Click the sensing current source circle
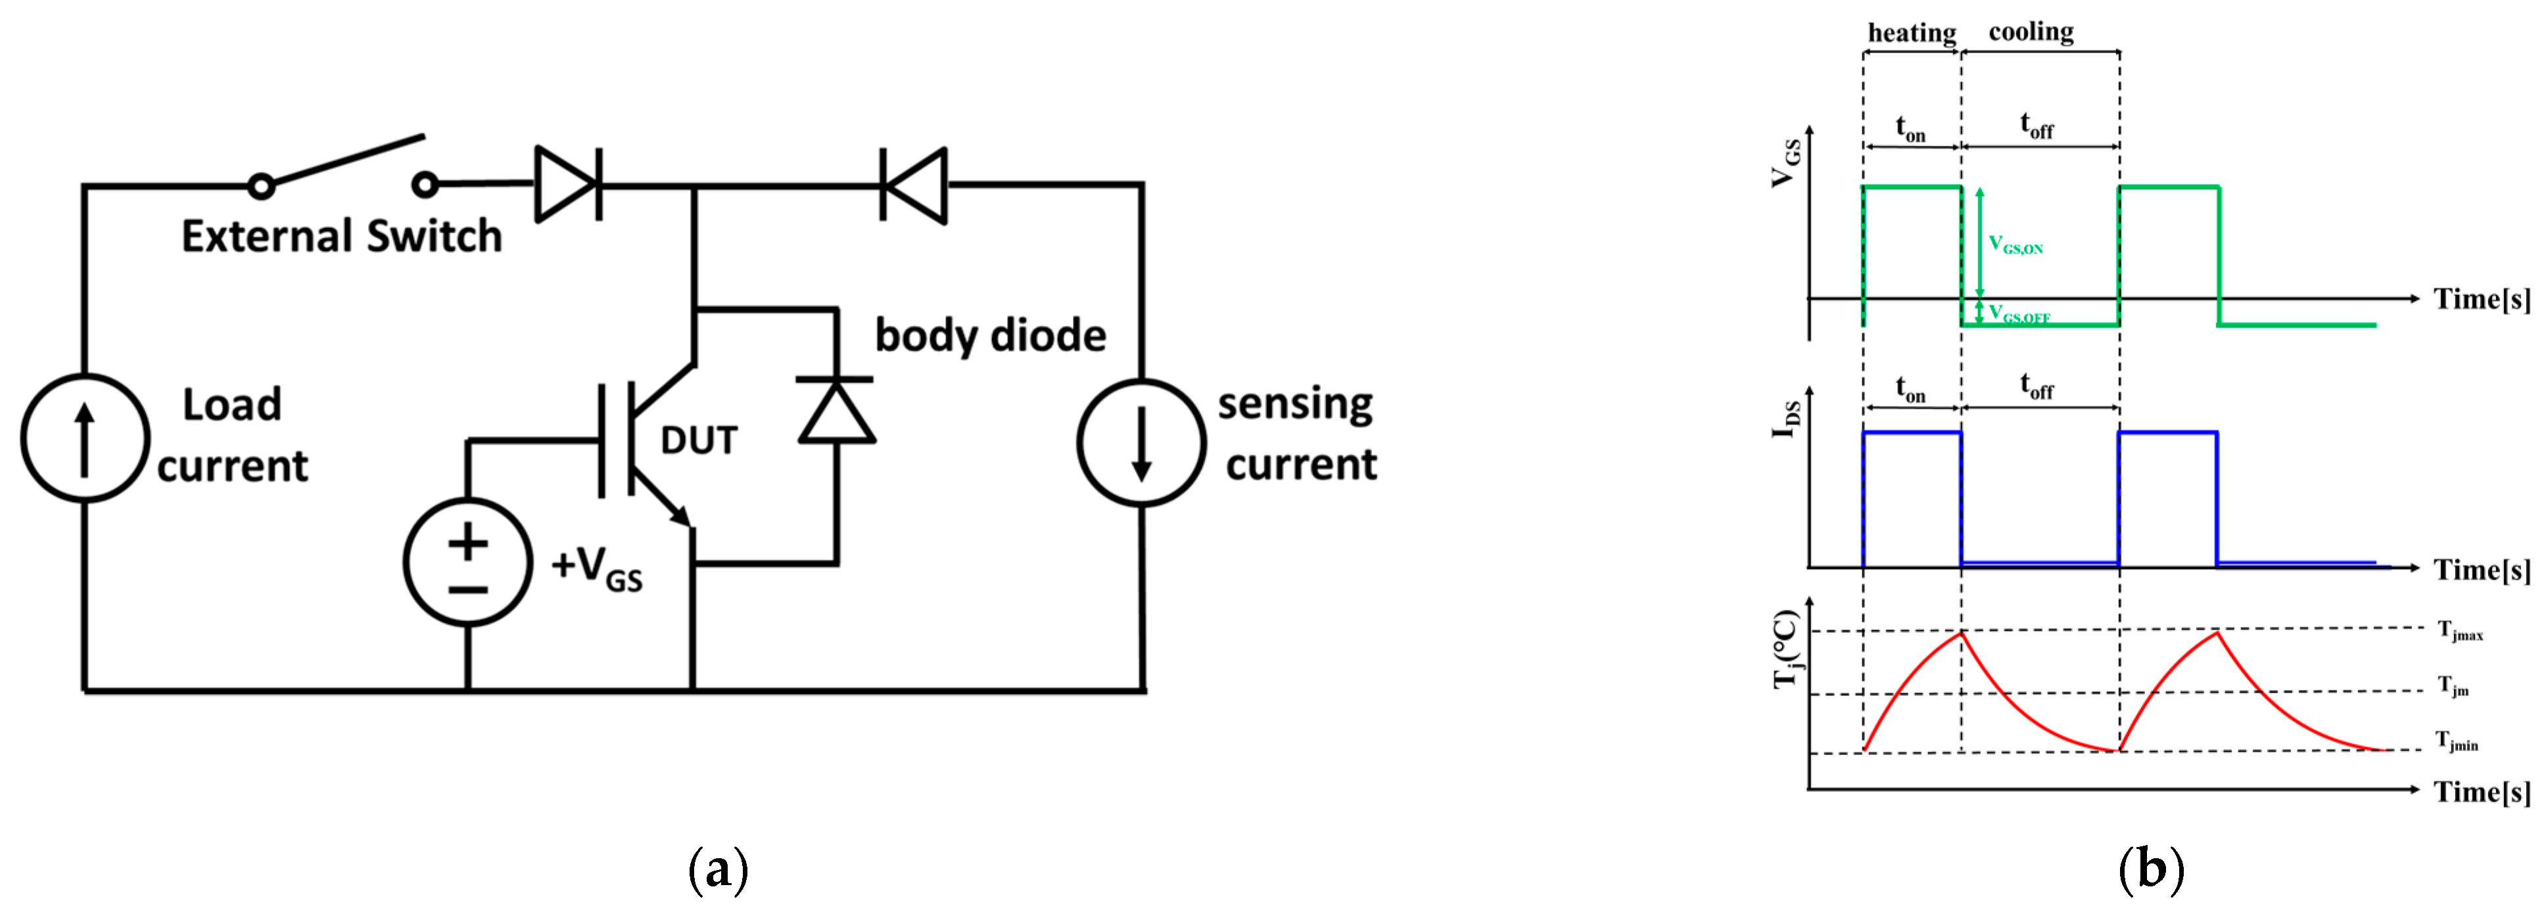click(1142, 443)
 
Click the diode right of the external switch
click(567, 184)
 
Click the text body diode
click(991, 336)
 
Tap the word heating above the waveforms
click(1912, 33)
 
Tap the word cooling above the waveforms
click(2031, 32)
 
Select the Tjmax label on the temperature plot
click(2460, 630)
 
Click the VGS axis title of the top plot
click(1785, 163)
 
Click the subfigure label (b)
click(2151, 869)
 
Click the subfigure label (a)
click(718, 869)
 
